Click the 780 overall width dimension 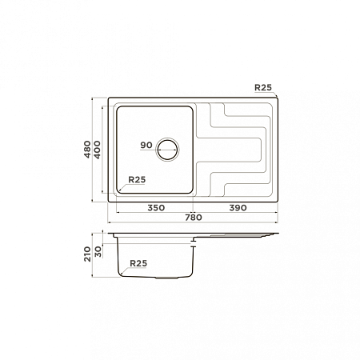(x=194, y=218)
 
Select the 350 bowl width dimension (x=156, y=208)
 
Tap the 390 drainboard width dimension (x=238, y=208)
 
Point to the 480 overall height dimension (x=87, y=150)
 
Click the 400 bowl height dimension (x=98, y=150)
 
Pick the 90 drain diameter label (x=146, y=146)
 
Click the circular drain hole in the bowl (x=167, y=150)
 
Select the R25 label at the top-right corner (x=263, y=87)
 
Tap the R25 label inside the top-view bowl (x=137, y=180)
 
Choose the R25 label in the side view (x=138, y=263)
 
